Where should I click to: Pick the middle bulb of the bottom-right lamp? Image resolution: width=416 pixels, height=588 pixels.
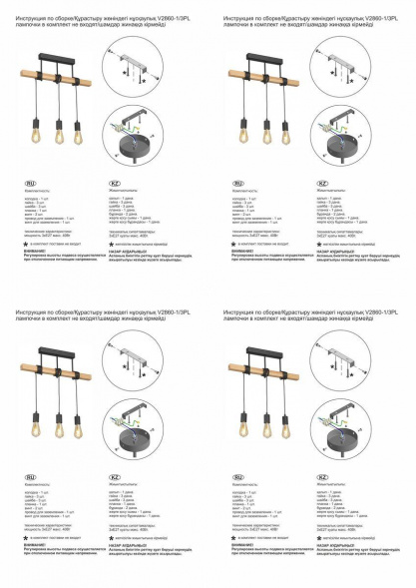265,424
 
